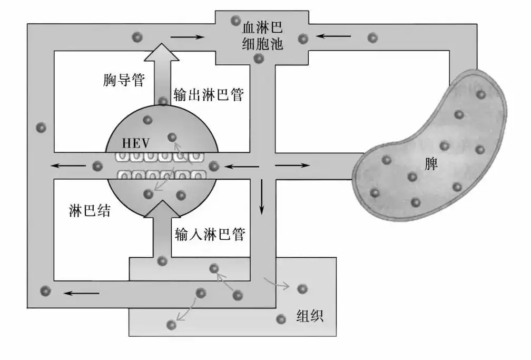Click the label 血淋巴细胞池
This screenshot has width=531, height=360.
[262, 35]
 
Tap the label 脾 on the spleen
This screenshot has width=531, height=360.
[431, 164]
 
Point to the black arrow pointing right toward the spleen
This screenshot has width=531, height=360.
[293, 166]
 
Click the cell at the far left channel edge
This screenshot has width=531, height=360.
[41, 128]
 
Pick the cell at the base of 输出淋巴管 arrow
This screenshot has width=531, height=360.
[163, 101]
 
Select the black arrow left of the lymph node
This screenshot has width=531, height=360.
[70, 166]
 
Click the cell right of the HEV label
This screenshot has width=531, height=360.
[172, 138]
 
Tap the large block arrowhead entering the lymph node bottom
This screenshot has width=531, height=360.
[162, 210]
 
